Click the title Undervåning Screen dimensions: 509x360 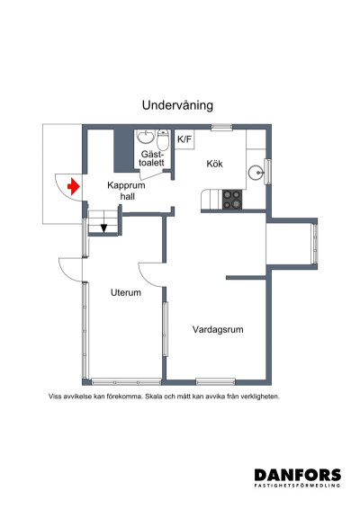[176, 104]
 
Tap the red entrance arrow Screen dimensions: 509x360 [73, 184]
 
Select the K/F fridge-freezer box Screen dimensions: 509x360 [184, 139]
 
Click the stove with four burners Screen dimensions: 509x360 [232, 198]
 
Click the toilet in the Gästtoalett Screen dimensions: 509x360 [162, 141]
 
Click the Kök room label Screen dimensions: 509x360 [214, 164]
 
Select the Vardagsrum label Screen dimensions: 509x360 [218, 329]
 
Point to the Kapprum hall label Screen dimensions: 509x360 [126, 191]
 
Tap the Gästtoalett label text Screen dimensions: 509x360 [151, 159]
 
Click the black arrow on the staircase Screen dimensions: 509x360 [104, 228]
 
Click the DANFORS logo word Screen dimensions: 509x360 [297, 474]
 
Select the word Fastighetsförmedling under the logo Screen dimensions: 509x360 [297, 487]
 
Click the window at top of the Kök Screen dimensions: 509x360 [222, 128]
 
